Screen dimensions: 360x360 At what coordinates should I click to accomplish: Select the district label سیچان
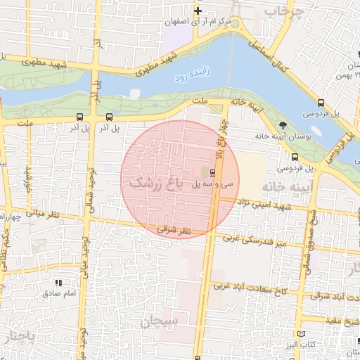coord(160,321)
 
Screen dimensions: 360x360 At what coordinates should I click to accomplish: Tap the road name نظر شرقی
coord(173,229)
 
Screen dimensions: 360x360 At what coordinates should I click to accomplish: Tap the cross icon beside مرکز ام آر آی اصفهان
coord(199,11)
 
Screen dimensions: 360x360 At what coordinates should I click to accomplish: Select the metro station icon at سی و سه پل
coord(213,172)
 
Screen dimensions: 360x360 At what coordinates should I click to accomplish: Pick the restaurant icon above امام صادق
coord(58,283)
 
